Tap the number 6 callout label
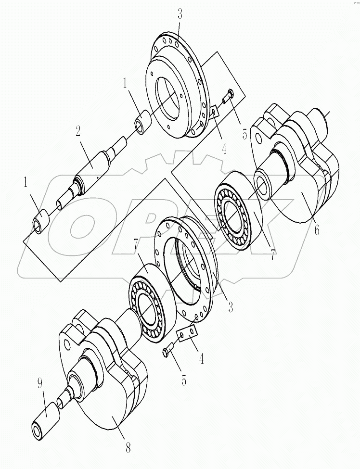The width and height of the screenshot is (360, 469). click(x=316, y=230)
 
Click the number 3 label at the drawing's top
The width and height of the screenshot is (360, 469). click(x=180, y=14)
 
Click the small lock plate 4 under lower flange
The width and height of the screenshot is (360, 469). click(x=187, y=333)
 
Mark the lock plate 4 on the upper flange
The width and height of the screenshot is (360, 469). click(x=214, y=112)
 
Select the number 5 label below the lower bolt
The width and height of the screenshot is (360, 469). click(x=184, y=380)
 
